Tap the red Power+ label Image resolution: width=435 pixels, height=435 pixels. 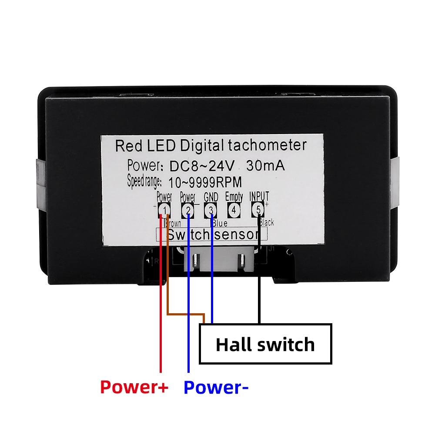(x=134, y=387)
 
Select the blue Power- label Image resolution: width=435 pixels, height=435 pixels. (x=216, y=387)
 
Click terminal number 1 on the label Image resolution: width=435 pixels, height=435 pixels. (x=164, y=211)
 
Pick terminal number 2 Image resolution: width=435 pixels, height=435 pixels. (x=188, y=211)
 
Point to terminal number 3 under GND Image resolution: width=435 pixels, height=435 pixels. (x=211, y=211)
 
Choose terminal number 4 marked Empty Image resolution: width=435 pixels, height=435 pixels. (x=234, y=211)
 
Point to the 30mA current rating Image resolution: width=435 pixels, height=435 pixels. (x=265, y=166)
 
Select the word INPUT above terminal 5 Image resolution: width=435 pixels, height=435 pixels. (x=259, y=196)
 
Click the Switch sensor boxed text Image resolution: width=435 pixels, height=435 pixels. (x=211, y=235)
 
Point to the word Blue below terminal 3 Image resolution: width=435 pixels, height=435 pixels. (x=221, y=223)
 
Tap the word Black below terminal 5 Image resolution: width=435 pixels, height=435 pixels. (x=266, y=223)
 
